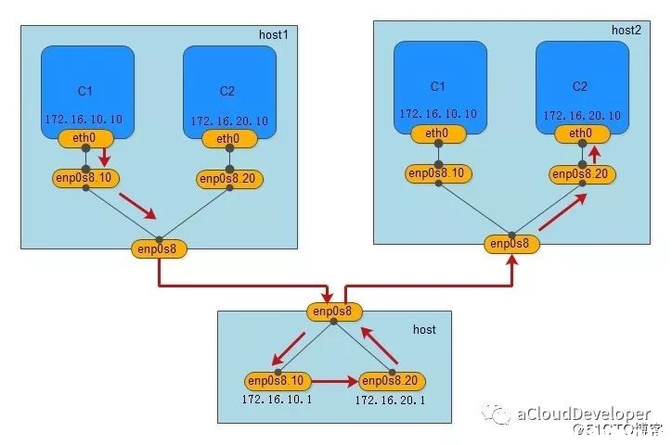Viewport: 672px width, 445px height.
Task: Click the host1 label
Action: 274,34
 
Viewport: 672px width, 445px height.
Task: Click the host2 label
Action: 627,30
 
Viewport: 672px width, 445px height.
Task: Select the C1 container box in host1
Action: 88,92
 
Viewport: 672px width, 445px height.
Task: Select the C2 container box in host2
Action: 582,88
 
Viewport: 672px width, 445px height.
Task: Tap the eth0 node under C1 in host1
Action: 85,138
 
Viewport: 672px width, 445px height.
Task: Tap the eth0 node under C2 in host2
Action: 582,133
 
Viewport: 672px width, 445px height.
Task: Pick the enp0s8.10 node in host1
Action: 85,178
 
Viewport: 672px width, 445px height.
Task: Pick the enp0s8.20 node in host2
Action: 582,174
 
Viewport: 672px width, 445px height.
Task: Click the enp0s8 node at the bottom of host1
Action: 159,249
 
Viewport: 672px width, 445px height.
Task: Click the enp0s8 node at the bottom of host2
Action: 511,244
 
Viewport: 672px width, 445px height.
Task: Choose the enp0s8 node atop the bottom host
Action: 334,311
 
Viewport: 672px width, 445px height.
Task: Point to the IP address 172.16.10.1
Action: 277,400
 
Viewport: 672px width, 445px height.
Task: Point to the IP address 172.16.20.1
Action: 390,400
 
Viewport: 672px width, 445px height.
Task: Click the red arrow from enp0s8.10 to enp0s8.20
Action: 334,381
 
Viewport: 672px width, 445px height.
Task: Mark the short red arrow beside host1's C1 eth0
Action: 104,157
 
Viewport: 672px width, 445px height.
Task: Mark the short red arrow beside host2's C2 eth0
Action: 594,155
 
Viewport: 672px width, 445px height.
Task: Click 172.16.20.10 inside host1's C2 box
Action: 229,121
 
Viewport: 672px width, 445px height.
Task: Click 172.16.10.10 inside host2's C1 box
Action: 438,114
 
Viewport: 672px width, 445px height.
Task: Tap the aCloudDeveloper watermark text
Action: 584,414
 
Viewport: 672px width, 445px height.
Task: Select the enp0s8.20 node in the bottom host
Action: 392,381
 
